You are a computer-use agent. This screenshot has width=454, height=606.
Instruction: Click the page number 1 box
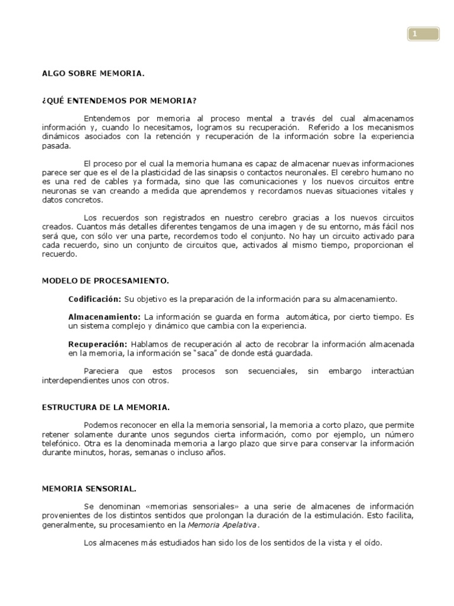(x=423, y=34)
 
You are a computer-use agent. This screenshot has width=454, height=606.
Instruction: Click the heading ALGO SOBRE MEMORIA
(x=93, y=73)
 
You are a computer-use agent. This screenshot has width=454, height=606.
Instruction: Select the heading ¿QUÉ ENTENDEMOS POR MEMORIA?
(x=119, y=101)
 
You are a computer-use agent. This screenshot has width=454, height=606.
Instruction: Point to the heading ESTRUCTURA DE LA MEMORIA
(x=106, y=408)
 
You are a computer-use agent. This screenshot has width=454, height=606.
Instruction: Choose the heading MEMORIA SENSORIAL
(x=89, y=489)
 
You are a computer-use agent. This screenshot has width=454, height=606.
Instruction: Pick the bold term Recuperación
(x=98, y=344)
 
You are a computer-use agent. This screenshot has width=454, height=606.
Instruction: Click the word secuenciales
(x=264, y=372)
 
